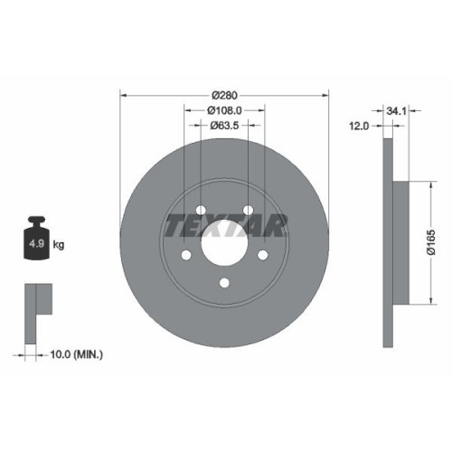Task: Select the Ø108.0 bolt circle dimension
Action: point(225,110)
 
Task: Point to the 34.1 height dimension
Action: point(394,110)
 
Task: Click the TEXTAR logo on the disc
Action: point(225,224)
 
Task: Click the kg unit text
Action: point(59,244)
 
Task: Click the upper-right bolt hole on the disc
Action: point(249,211)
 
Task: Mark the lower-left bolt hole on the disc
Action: point(186,256)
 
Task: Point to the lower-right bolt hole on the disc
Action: point(264,256)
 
